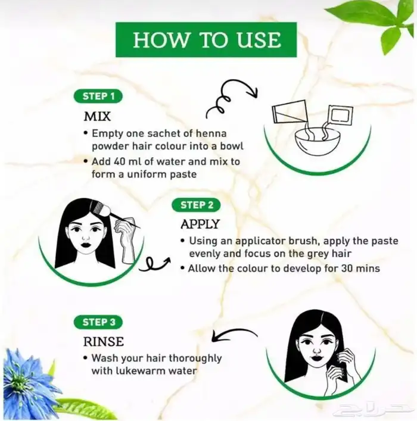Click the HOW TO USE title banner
pos(206,40)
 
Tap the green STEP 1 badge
pos(98,96)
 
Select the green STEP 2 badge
pos(196,205)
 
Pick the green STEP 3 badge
pos(98,322)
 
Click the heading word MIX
pos(97,117)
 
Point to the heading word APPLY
pos(200,224)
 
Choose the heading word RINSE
pos(104,342)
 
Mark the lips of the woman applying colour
pos(86,245)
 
